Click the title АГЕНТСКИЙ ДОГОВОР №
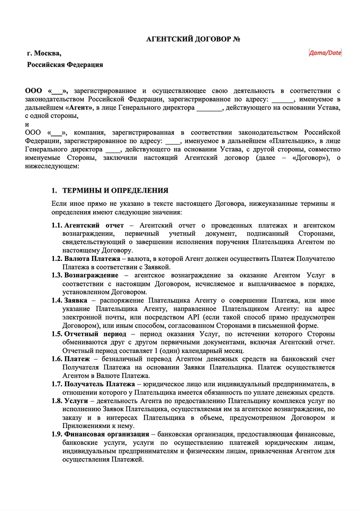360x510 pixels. [x=193, y=40]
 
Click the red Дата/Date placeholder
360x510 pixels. [x=325, y=52]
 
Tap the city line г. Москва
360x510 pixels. [x=44, y=53]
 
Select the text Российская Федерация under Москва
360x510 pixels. [x=65, y=65]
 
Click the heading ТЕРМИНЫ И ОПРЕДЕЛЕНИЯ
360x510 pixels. [x=115, y=190]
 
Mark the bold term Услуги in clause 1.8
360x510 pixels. [x=76, y=401]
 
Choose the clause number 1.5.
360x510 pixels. [x=57, y=334]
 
